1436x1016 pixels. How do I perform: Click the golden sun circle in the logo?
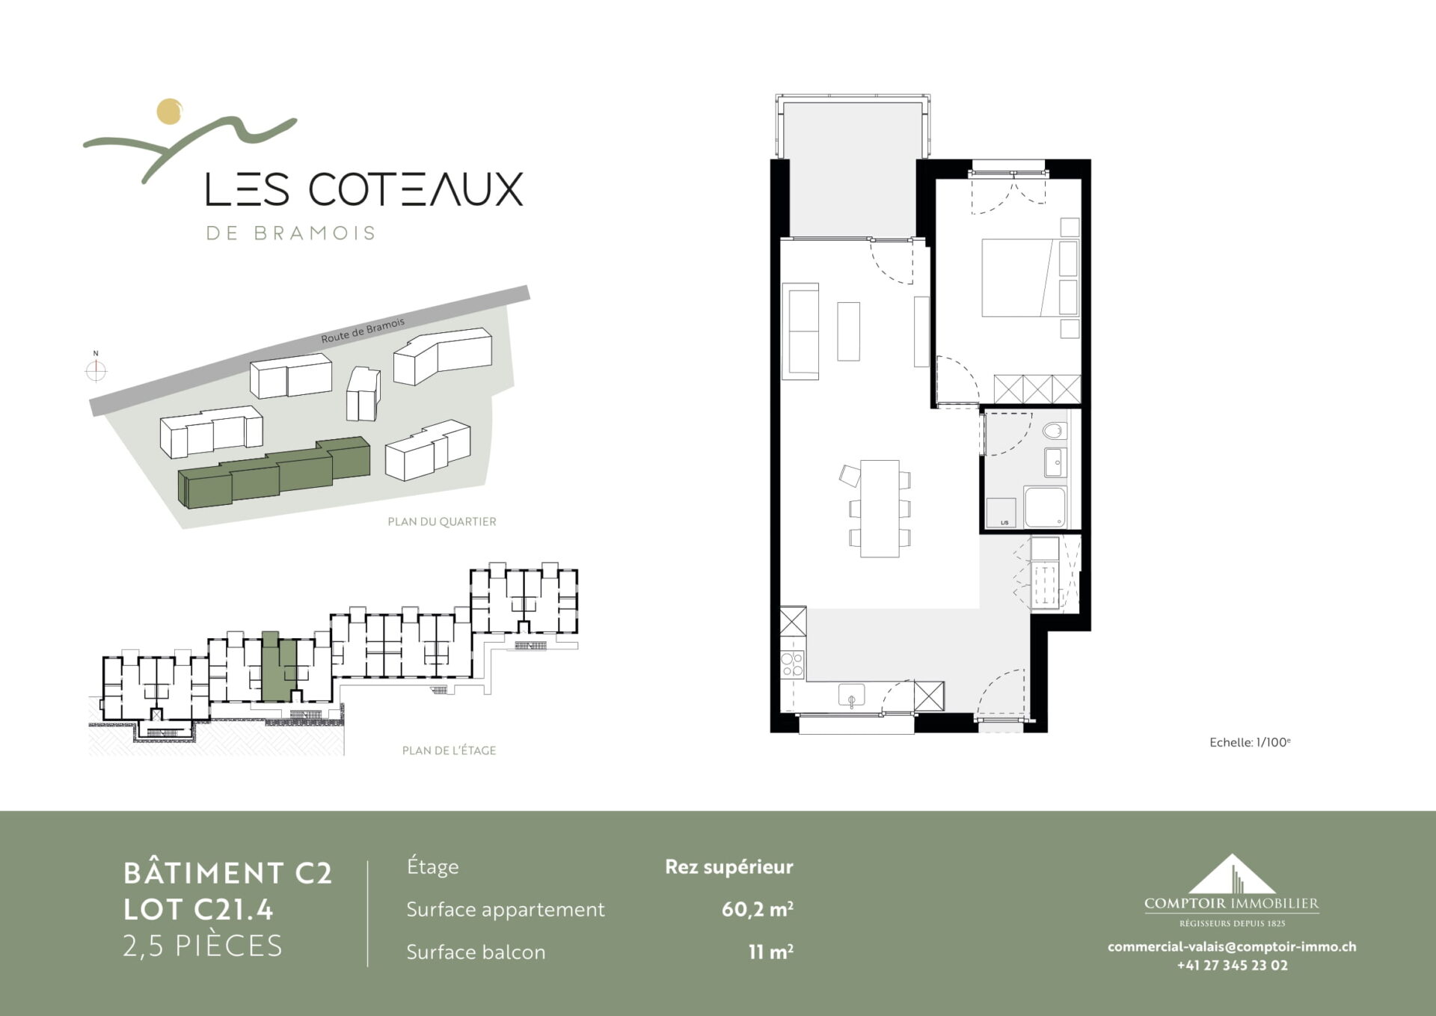(x=170, y=111)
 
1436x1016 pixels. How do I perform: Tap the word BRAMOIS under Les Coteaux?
(x=314, y=233)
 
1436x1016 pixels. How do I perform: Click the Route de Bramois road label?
(x=363, y=330)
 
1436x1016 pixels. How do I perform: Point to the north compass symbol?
(x=96, y=370)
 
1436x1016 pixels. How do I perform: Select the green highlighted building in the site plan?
(x=274, y=472)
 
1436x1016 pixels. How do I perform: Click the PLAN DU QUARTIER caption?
(x=442, y=521)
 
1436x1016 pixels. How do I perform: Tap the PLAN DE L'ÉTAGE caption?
(x=449, y=750)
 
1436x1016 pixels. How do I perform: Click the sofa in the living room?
(x=800, y=331)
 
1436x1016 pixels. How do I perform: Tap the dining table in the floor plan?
(x=880, y=509)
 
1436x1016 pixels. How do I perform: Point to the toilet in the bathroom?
(x=1054, y=431)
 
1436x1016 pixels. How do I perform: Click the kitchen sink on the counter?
(x=851, y=695)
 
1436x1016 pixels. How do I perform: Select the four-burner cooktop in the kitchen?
(x=792, y=664)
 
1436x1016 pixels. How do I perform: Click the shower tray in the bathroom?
(x=1045, y=507)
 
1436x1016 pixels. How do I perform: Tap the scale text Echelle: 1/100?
(x=1250, y=742)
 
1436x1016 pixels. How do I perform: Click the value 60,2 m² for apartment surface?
(x=757, y=909)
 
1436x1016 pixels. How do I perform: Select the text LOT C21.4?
(x=198, y=910)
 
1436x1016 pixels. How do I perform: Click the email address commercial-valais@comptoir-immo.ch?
(x=1232, y=946)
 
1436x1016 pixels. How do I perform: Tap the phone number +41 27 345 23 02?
(x=1233, y=965)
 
